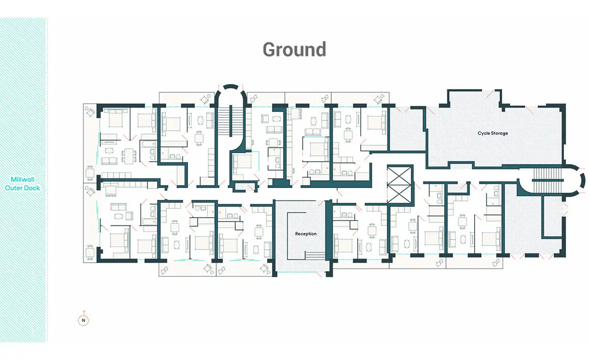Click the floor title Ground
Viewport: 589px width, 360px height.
click(x=294, y=49)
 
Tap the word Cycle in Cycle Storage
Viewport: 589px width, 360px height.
click(x=484, y=133)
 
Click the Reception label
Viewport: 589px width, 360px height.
click(x=306, y=234)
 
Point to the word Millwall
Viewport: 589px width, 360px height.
click(x=23, y=179)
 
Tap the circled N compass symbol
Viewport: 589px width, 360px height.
click(x=83, y=320)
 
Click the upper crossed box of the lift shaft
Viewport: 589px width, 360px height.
click(x=399, y=175)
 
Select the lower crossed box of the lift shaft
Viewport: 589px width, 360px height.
click(x=399, y=194)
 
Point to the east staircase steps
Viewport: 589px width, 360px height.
click(x=547, y=181)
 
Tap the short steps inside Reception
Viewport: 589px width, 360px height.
click(x=315, y=255)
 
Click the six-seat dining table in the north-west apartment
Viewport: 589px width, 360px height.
click(x=129, y=156)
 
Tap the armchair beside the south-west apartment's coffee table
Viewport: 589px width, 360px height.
click(x=129, y=216)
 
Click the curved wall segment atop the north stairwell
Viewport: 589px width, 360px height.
click(x=231, y=86)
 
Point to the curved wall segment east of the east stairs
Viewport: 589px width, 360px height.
click(x=582, y=181)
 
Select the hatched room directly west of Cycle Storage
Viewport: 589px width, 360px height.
click(x=406, y=130)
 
